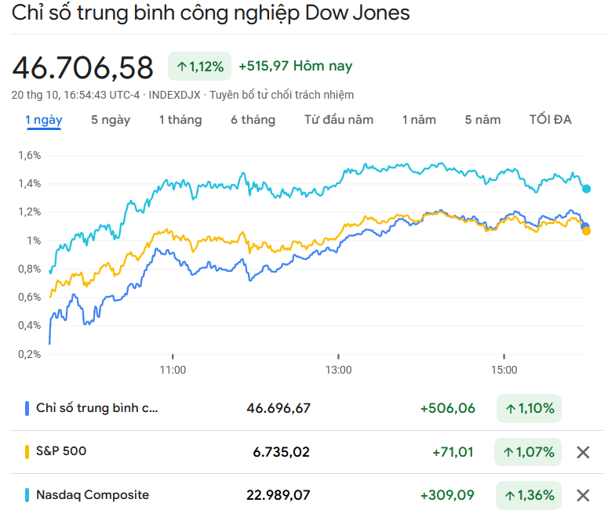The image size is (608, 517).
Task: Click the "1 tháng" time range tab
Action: click(x=180, y=120)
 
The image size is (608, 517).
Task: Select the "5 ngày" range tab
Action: click(x=111, y=120)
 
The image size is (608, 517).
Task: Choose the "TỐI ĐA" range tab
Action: click(x=550, y=120)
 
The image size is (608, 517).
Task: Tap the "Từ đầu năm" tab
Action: click(x=338, y=120)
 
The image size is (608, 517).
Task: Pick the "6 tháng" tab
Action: click(x=253, y=120)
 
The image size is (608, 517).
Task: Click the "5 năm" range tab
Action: click(x=482, y=120)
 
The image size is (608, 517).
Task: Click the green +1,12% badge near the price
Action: click(x=199, y=67)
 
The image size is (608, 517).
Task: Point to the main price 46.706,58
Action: click(x=83, y=68)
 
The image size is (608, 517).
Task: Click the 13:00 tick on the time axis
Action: click(x=338, y=370)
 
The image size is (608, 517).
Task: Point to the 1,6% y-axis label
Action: click(x=29, y=155)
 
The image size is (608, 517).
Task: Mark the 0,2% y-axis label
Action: click(x=29, y=353)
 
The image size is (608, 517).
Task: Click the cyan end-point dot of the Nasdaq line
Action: click(x=586, y=189)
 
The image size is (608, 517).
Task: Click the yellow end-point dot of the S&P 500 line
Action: click(x=586, y=230)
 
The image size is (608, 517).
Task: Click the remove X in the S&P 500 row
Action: click(x=583, y=452)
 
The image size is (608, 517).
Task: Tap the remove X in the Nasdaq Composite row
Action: click(x=583, y=495)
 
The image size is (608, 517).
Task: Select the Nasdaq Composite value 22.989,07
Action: click(x=279, y=495)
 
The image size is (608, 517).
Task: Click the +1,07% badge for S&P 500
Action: click(x=529, y=452)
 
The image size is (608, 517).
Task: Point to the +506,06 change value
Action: click(x=448, y=408)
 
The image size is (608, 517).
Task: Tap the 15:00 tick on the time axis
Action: click(x=504, y=370)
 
